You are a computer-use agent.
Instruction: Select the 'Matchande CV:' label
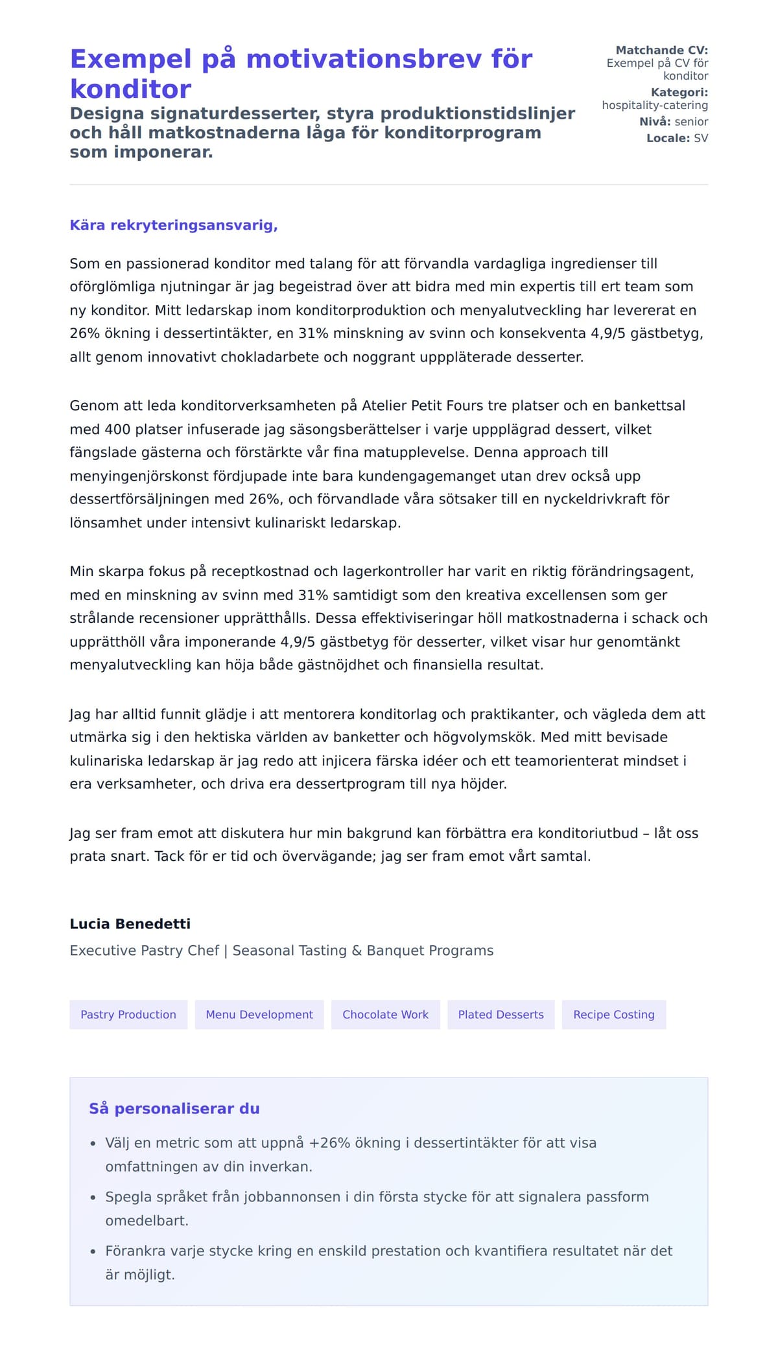click(x=661, y=50)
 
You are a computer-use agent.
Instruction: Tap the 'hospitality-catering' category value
click(x=655, y=105)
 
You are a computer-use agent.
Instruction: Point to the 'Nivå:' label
click(x=655, y=121)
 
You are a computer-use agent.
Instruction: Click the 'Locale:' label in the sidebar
click(x=668, y=138)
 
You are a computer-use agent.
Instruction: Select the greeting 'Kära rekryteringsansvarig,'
click(x=174, y=225)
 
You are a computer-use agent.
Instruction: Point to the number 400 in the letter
click(x=117, y=429)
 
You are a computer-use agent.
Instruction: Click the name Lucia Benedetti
click(x=130, y=924)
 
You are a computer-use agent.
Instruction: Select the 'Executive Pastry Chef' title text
click(x=144, y=950)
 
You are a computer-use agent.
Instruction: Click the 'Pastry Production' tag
click(x=128, y=1015)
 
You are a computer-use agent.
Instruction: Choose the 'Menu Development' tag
click(x=259, y=1015)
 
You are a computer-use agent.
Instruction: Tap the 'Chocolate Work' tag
click(x=385, y=1015)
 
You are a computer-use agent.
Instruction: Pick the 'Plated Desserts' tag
click(x=501, y=1015)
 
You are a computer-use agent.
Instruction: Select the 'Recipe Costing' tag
click(x=613, y=1015)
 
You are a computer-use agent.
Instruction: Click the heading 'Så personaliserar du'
click(x=174, y=1109)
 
